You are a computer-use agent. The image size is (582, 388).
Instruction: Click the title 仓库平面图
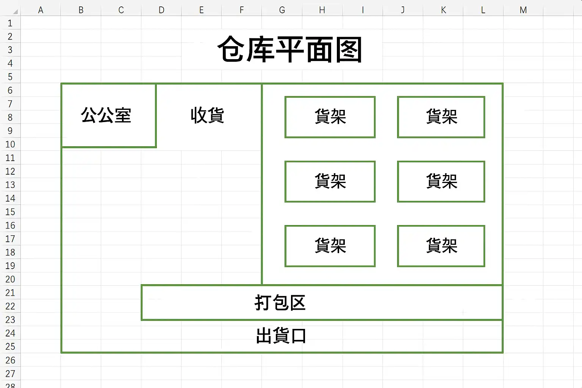(290, 49)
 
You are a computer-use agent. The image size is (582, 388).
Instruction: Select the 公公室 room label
(106, 115)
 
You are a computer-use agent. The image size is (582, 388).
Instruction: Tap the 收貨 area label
(207, 115)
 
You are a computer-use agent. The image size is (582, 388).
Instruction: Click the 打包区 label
(280, 302)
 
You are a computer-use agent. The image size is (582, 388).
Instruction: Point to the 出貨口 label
(281, 335)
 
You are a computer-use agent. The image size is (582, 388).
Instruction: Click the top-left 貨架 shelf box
(330, 117)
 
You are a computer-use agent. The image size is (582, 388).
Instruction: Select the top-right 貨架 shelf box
(441, 117)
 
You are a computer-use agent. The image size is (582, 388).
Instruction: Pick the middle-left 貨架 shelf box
(330, 181)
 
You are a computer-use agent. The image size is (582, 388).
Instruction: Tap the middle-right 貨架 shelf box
(441, 181)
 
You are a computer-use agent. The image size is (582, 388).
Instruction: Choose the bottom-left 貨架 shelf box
(330, 246)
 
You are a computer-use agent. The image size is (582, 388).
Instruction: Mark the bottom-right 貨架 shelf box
(441, 246)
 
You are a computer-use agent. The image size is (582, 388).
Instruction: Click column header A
(41, 10)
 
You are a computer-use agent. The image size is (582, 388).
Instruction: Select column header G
(282, 10)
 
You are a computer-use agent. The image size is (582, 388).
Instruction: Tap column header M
(523, 10)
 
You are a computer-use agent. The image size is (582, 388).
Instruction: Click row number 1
(10, 23)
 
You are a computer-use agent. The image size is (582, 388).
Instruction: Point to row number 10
(10, 144)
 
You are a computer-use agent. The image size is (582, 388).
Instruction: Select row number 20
(10, 279)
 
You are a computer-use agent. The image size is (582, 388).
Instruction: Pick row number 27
(10, 374)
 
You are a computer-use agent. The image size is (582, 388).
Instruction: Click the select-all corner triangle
(16, 11)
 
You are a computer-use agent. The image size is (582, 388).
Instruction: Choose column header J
(403, 10)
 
